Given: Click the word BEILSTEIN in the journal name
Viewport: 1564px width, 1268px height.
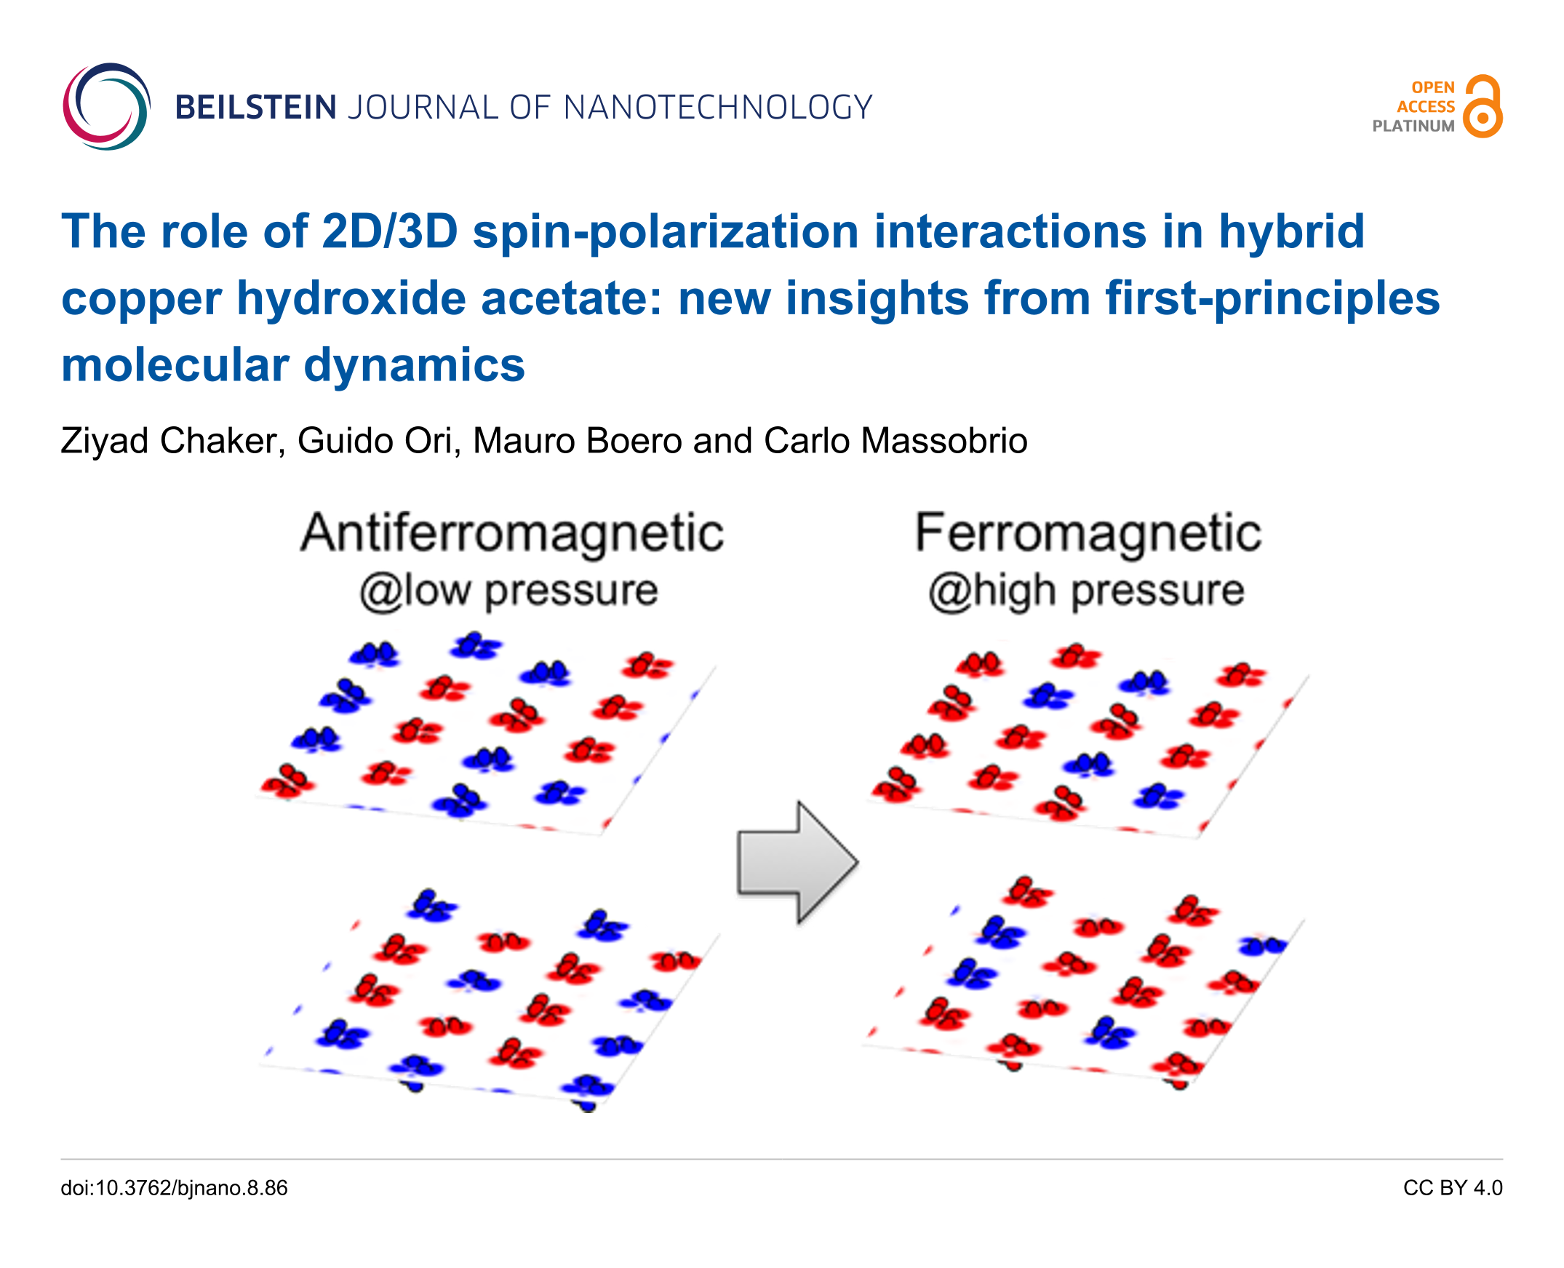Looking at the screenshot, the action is point(255,108).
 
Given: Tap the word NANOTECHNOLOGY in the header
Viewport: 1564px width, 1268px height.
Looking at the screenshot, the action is point(718,108).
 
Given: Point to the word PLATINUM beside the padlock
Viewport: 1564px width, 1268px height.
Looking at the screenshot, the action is point(1413,127).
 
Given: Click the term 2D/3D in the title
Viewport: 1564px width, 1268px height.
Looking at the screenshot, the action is point(389,231).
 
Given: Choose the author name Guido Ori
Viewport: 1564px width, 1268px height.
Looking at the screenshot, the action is point(379,441).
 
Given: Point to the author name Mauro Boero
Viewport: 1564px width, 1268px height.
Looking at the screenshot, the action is point(576,441).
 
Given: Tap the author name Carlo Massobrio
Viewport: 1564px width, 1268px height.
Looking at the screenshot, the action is point(895,441).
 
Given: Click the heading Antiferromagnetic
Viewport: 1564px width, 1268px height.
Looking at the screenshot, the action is point(512,534).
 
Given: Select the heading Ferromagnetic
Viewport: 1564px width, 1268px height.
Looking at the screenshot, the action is point(1088,534).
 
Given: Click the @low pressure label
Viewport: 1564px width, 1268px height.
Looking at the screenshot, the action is point(508,591).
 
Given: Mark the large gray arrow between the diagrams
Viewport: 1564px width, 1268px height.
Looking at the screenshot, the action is point(798,863).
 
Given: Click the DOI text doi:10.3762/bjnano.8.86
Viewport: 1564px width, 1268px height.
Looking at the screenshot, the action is point(174,1189).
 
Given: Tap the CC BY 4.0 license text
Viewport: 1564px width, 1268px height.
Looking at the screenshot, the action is point(1452,1189).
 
